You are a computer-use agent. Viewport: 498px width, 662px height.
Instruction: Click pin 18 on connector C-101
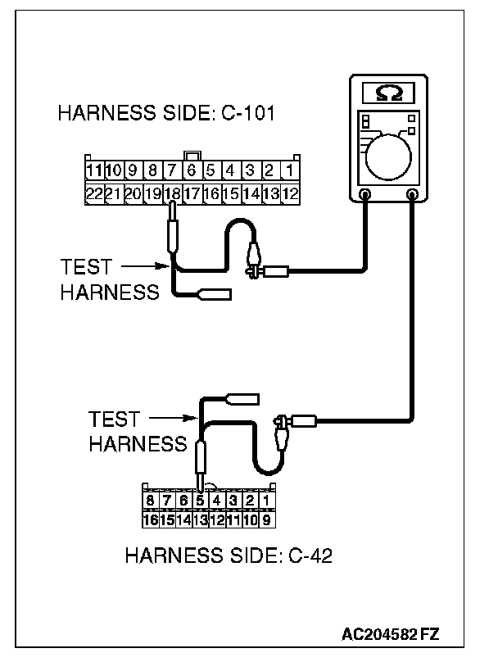click(x=172, y=194)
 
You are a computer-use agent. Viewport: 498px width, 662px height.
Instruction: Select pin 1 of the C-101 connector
click(x=289, y=171)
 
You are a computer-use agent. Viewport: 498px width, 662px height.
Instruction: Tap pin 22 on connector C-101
click(x=93, y=194)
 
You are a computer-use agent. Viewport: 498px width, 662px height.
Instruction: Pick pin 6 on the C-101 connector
click(x=191, y=171)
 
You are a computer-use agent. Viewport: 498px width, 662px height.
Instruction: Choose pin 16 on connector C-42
click(x=150, y=518)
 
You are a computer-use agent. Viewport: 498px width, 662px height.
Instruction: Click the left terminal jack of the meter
click(x=365, y=195)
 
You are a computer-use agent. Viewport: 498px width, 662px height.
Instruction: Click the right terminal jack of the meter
click(x=412, y=195)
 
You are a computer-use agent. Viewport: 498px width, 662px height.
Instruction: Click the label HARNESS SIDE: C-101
click(x=165, y=115)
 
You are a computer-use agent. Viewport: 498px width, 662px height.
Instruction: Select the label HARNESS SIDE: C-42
click(x=229, y=556)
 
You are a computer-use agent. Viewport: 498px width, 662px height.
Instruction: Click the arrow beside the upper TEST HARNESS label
click(x=147, y=265)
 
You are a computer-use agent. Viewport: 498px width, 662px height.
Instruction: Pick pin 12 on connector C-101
click(x=289, y=194)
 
